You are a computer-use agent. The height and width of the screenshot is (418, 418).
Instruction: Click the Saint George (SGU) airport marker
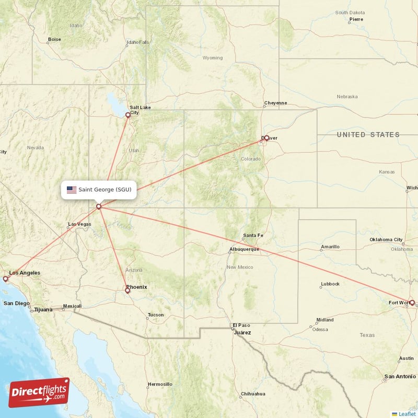[x=98, y=207]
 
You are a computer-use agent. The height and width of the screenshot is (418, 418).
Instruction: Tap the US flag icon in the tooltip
[x=72, y=190]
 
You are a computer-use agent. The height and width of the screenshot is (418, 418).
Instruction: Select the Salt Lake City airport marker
[x=128, y=115]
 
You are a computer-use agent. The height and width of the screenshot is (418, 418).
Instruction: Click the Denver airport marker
[x=266, y=138]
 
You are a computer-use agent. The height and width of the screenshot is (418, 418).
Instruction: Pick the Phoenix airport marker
[x=127, y=291]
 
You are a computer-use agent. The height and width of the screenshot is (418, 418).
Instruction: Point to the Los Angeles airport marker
[x=6, y=279]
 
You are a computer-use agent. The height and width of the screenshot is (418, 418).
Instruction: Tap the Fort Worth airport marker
[x=412, y=303]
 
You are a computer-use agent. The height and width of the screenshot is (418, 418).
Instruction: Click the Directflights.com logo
[x=39, y=392]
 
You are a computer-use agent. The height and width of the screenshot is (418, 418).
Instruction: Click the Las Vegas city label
[x=79, y=225]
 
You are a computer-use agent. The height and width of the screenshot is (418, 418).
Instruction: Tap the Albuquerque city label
[x=244, y=249]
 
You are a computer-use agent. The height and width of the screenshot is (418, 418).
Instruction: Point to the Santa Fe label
[x=253, y=236]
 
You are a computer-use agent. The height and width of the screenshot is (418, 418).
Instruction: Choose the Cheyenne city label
[x=275, y=103]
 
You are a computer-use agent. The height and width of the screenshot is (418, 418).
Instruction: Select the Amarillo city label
[x=330, y=247]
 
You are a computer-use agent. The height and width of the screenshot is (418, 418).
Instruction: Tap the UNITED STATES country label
[x=368, y=135]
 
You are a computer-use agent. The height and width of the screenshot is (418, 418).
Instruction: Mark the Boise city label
[x=54, y=39]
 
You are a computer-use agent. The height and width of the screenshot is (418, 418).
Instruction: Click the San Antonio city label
[x=400, y=377]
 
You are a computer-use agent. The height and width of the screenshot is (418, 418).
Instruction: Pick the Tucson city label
[x=155, y=315]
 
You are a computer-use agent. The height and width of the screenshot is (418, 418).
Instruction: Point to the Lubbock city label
[x=330, y=284]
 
